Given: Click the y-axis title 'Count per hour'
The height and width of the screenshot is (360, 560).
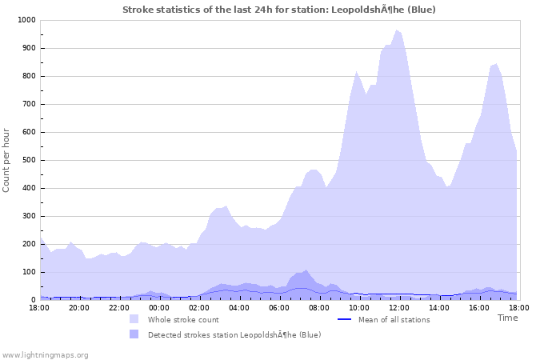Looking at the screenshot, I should coord(7,160).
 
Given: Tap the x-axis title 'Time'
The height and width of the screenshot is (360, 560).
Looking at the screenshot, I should coord(507,318).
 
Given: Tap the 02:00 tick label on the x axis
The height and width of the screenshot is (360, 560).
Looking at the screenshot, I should coord(199,307).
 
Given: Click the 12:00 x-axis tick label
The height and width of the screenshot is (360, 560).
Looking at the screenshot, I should coord(399,307).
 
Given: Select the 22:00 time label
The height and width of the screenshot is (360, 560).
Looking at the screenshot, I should coord(119,307).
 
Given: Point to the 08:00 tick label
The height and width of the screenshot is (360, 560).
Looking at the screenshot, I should coord(319,307).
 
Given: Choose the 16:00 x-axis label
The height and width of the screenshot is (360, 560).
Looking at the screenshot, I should coord(479,307).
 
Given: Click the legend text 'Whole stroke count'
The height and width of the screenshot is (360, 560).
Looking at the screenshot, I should coord(183,320).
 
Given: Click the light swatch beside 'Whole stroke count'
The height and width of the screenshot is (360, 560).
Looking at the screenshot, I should coord(134,319).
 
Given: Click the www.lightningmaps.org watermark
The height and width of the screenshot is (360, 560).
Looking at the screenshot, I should coord(45,354).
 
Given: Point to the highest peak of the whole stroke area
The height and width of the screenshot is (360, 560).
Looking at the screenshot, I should coord(396,30).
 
